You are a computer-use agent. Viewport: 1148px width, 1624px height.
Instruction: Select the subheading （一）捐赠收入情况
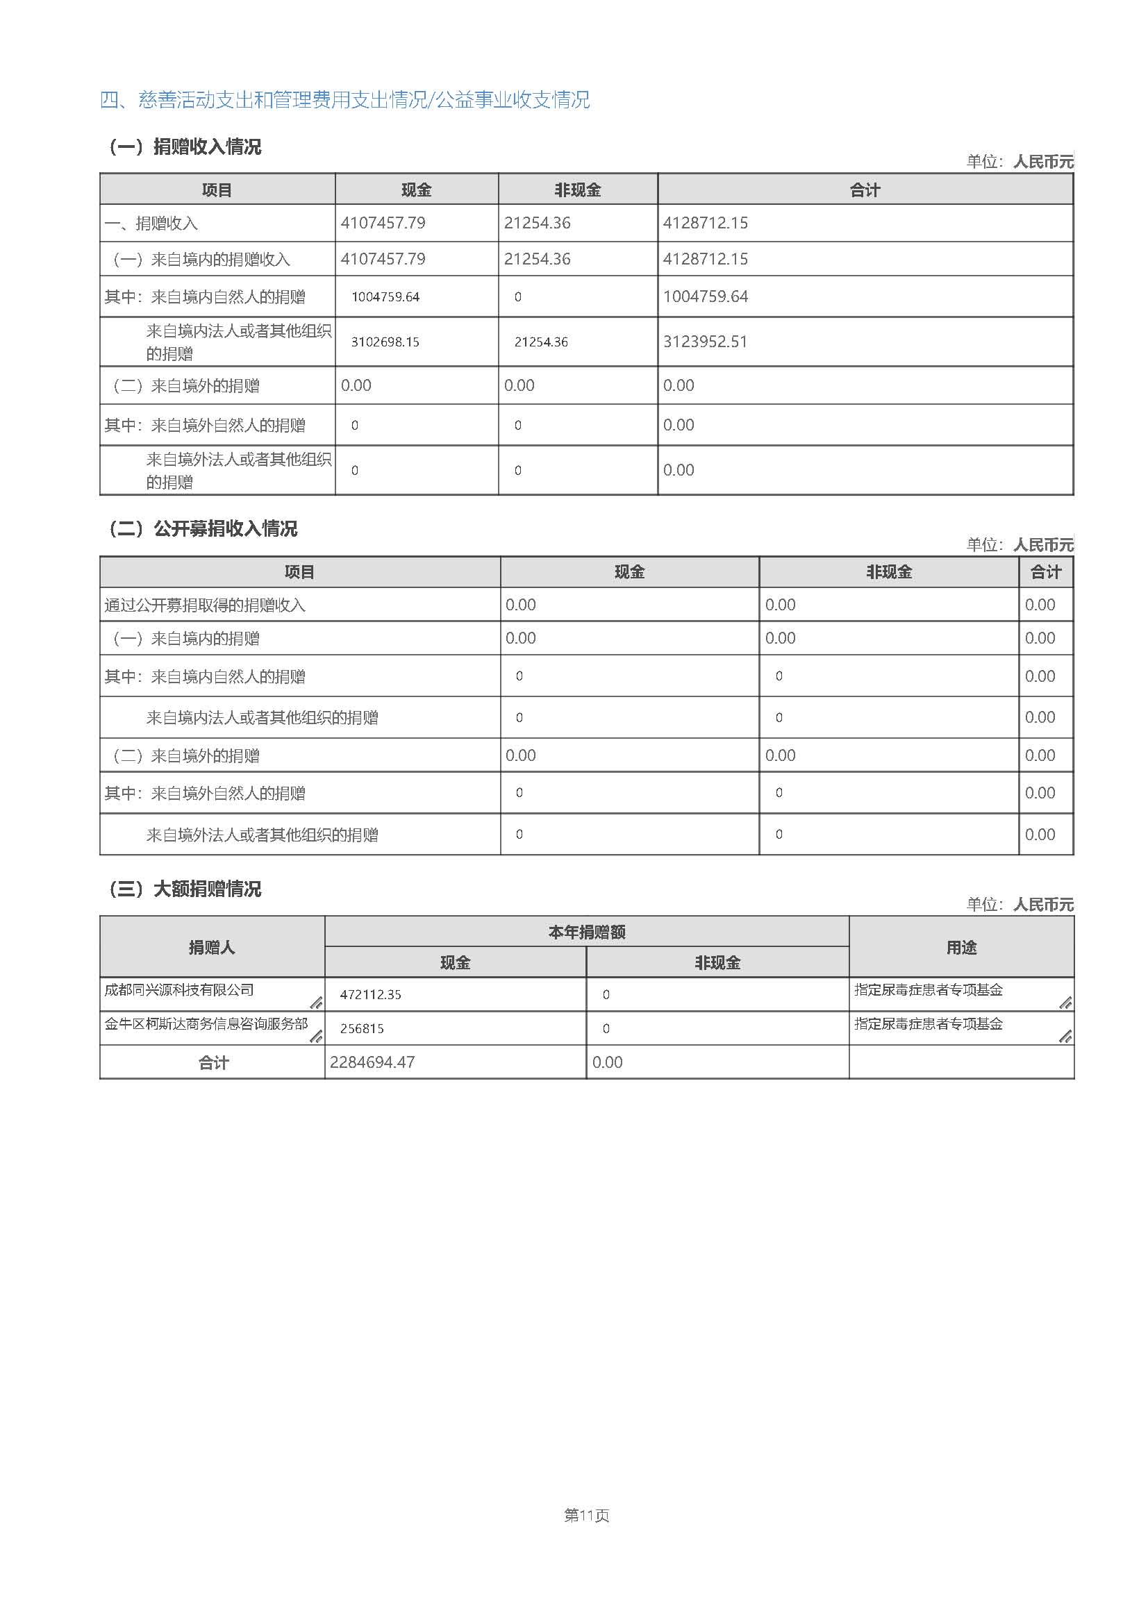184,147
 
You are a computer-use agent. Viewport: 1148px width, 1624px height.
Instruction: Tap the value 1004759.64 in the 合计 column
704,296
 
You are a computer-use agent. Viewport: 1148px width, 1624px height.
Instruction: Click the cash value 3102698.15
385,342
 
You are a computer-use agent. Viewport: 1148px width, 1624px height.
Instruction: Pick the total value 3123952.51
704,342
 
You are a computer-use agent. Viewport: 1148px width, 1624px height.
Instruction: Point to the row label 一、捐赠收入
151,224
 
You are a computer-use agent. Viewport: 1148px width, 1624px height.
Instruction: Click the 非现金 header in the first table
577,190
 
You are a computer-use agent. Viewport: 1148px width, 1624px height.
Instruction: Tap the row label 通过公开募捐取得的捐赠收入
204,605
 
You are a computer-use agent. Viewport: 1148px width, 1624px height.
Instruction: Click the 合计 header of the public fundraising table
1045,572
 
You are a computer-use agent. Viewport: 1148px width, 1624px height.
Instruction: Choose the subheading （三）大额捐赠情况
184,889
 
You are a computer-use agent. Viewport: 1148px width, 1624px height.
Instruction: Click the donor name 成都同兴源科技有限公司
179,989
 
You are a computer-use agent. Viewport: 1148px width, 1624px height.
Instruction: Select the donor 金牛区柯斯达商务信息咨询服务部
206,1023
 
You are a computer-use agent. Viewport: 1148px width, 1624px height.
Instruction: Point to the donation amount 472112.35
370,994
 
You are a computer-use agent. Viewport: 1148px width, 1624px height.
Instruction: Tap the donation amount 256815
361,1028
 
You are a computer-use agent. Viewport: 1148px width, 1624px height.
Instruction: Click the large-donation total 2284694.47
372,1062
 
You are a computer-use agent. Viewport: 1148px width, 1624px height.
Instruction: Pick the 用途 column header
960,947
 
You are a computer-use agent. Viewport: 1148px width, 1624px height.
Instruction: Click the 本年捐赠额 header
586,932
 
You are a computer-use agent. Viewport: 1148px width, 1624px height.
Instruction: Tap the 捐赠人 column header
212,947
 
